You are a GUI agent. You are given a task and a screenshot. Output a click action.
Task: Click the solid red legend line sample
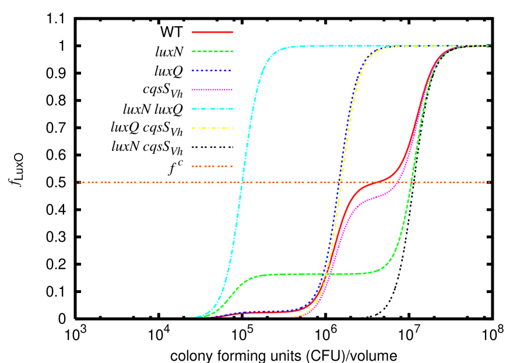point(213,32)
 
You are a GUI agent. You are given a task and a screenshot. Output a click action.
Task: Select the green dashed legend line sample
point(213,51)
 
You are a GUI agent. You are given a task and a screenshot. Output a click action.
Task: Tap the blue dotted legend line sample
point(212,71)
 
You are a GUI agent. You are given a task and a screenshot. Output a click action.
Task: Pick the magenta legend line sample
point(213,90)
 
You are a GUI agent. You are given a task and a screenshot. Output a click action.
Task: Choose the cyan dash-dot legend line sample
point(213,109)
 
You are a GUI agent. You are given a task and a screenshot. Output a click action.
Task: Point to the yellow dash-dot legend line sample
point(213,128)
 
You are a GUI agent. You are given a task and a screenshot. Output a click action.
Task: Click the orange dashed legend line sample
point(212,167)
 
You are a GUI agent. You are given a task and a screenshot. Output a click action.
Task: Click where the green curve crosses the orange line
point(411,182)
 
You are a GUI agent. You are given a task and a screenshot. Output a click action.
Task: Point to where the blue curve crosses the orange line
point(339,182)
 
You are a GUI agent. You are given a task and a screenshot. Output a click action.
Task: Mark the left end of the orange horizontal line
point(78,182)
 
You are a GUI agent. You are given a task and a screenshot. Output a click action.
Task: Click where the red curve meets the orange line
point(373,182)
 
